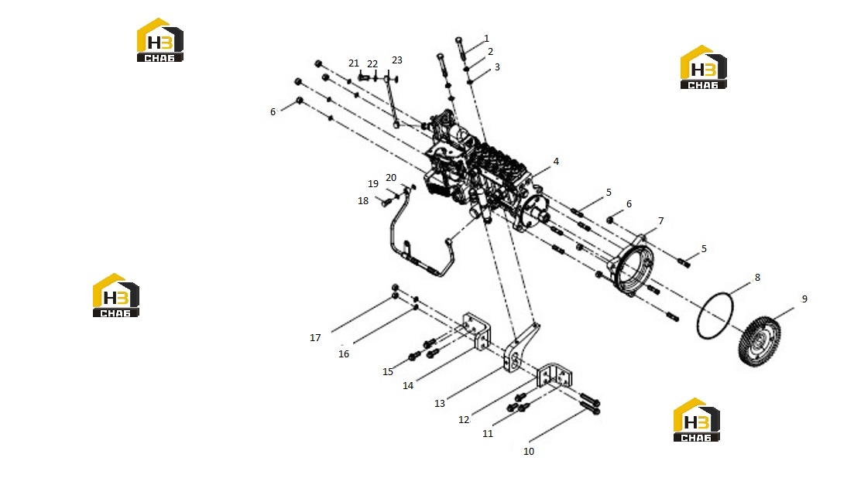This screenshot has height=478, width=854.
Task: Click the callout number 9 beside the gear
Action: pyautogui.click(x=804, y=299)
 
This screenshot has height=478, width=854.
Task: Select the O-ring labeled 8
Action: pyautogui.click(x=715, y=316)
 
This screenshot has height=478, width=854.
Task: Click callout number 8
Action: pyautogui.click(x=757, y=278)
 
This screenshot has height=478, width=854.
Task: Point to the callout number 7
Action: pyautogui.click(x=661, y=220)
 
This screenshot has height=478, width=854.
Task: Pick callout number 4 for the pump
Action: pyautogui.click(x=556, y=162)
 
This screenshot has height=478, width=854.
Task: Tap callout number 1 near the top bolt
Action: pyautogui.click(x=486, y=39)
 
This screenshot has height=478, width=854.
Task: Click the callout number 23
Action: pyautogui.click(x=397, y=60)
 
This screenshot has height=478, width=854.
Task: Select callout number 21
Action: pyautogui.click(x=354, y=63)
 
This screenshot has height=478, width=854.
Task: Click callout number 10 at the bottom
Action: pyautogui.click(x=528, y=452)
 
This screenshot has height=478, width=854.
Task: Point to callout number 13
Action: pyautogui.click(x=440, y=404)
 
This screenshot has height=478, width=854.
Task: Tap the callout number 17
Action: pyautogui.click(x=315, y=338)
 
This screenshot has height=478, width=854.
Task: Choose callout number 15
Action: pyautogui.click(x=388, y=372)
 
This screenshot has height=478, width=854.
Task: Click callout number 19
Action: pyautogui.click(x=373, y=184)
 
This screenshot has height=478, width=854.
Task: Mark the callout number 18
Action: pyautogui.click(x=363, y=201)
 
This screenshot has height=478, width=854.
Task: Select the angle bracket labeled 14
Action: pyautogui.click(x=476, y=332)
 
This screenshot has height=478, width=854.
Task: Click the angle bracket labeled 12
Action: pyautogui.click(x=554, y=375)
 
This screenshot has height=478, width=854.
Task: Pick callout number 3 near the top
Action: pyautogui.click(x=497, y=67)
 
